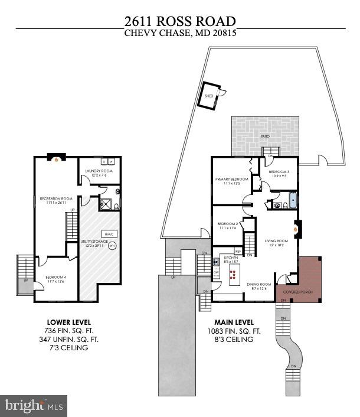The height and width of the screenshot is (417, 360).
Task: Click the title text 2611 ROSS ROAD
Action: [x=180, y=21]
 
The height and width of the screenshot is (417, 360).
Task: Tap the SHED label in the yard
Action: [x=208, y=95]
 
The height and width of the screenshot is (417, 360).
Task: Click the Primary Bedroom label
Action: [x=231, y=181]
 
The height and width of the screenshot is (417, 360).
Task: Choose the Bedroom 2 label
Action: [x=227, y=226]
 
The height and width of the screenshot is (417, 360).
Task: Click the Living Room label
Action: [x=276, y=243]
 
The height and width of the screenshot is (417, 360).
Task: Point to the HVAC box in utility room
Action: [x=109, y=234]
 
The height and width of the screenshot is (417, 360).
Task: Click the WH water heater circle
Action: [x=112, y=245]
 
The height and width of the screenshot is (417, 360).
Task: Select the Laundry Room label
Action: [x=99, y=173]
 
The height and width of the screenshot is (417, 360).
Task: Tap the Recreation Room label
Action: [x=55, y=200]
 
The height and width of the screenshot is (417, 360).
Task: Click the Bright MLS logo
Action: [x=34, y=405]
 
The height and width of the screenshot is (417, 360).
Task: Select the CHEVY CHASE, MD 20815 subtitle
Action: [x=180, y=34]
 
